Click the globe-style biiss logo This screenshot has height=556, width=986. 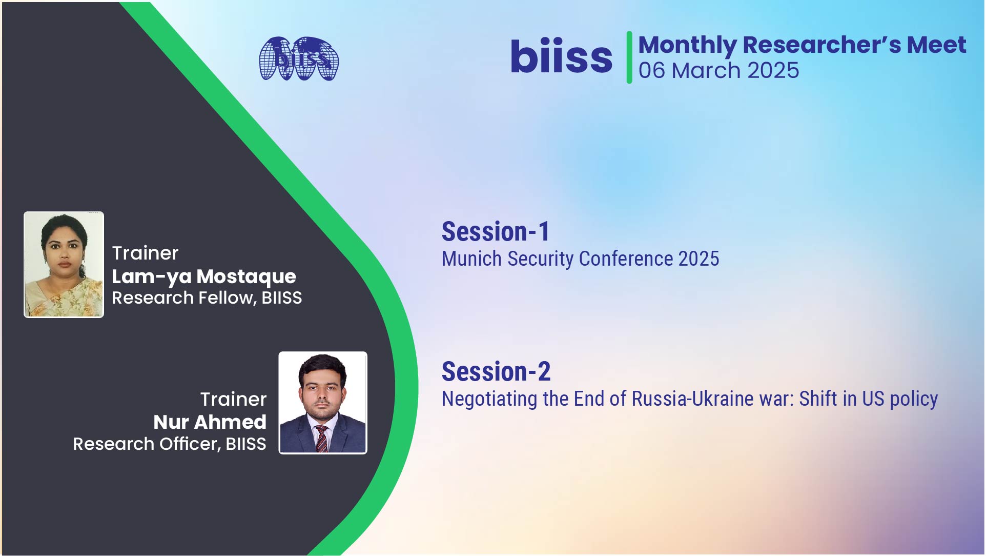click(299, 58)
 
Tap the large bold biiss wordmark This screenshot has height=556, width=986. click(561, 56)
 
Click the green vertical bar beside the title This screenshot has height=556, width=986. click(629, 57)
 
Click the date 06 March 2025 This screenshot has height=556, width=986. click(718, 70)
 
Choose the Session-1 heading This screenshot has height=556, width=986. click(496, 231)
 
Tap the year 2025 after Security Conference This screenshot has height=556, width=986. click(699, 259)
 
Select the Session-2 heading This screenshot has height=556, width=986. click(496, 371)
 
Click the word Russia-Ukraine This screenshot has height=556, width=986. click(712, 399)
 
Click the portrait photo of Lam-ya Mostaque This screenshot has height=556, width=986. click(64, 265)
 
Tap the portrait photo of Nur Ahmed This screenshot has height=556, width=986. click(323, 403)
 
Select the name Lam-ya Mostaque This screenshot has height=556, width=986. click(204, 276)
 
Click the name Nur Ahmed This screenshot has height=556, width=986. click(210, 422)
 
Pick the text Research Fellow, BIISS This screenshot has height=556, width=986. click(207, 298)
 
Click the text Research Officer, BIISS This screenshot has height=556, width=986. click(170, 444)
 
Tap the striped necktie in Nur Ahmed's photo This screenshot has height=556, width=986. click(321, 439)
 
